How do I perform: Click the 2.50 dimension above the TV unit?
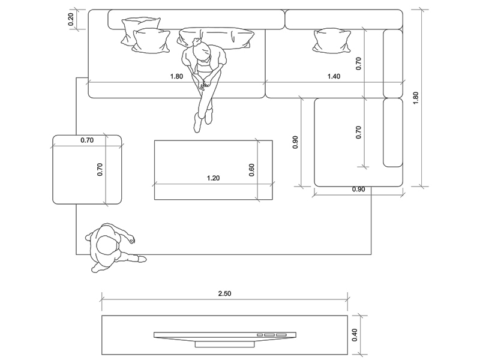224,293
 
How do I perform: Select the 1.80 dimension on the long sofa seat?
176,77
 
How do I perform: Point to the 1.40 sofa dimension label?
334,77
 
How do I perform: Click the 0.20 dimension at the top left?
71,20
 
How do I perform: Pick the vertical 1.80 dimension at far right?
416,98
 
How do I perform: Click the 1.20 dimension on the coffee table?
213,178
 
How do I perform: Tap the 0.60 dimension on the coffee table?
252,170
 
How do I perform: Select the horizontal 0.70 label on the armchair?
87,141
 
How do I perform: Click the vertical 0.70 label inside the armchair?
100,169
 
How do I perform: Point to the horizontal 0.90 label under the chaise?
358,190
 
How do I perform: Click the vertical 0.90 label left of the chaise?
295,142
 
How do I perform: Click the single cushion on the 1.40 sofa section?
331,40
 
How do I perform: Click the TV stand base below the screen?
225,344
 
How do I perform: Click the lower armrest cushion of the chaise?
393,132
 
